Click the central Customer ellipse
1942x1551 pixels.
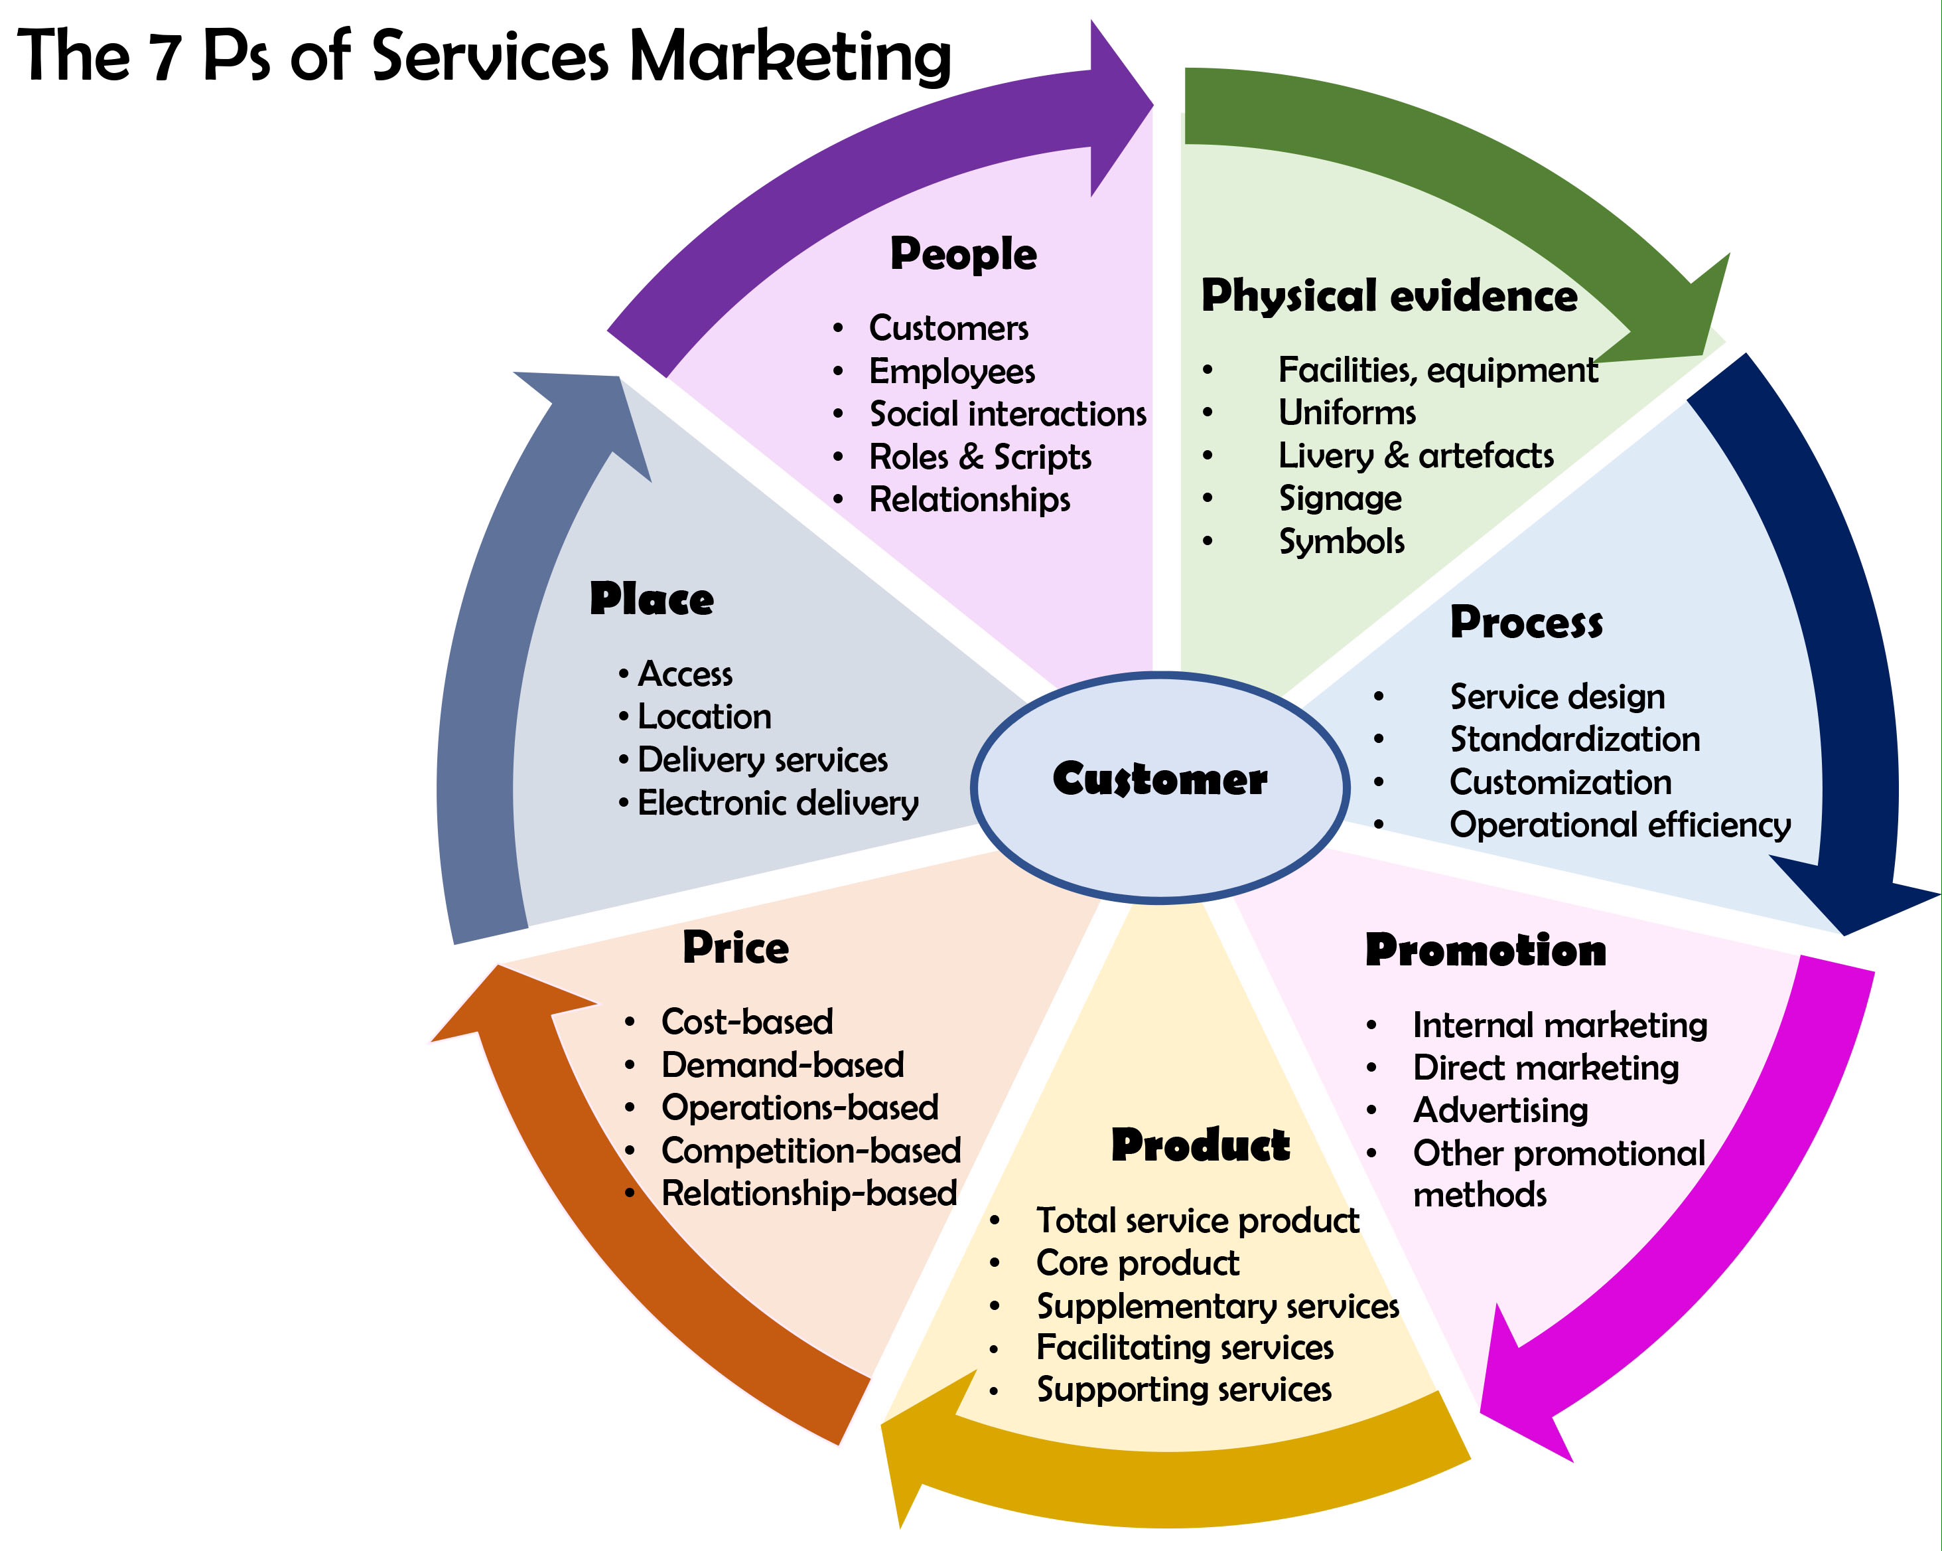1160,786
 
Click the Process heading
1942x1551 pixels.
1526,622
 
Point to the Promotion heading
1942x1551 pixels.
1486,950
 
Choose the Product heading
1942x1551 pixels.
1200,1145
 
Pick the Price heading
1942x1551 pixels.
735,947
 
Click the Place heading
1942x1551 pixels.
652,600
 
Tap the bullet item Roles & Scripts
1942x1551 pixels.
979,457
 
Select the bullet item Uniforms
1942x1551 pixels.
1347,413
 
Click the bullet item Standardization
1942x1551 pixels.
1574,740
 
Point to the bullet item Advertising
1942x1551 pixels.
1499,1110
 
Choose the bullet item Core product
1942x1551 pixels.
1137,1264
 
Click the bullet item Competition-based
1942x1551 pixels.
811,1151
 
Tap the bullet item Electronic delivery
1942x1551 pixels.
778,803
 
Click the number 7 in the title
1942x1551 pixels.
165,56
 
